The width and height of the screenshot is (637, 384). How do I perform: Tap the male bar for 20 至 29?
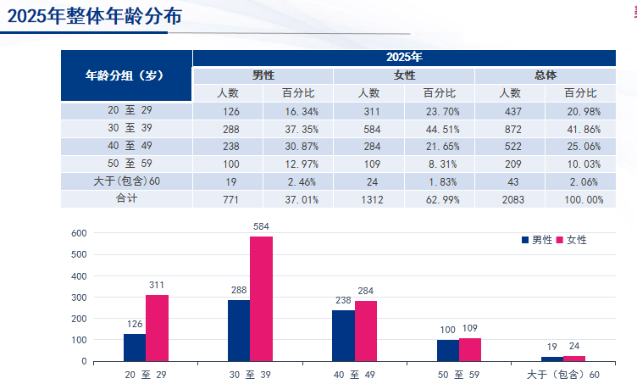pyautogui.click(x=134, y=348)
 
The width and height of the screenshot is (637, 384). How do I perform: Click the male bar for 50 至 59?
pyautogui.click(x=447, y=350)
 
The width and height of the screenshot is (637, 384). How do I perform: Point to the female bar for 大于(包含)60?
pyautogui.click(x=574, y=359)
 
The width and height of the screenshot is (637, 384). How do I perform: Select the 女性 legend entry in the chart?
pyautogui.click(x=572, y=240)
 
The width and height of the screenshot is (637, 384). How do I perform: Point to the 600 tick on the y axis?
pyautogui.click(x=79, y=233)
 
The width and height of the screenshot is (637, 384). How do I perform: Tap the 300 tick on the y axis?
pyautogui.click(x=79, y=297)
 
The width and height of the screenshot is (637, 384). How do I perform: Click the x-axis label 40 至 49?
pyautogui.click(x=353, y=375)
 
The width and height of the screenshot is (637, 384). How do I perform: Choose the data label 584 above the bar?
pyautogui.click(x=261, y=226)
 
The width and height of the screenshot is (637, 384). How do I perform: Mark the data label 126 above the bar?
pyautogui.click(x=134, y=323)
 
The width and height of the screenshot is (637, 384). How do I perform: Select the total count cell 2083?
pyautogui.click(x=510, y=199)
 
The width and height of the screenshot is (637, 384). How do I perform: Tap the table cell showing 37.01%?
pyautogui.click(x=298, y=199)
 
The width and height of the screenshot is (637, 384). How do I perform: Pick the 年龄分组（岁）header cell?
pyautogui.click(x=126, y=75)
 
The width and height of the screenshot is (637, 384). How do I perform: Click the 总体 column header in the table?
pyautogui.click(x=545, y=75)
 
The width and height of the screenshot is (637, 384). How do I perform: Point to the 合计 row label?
pyautogui.click(x=126, y=198)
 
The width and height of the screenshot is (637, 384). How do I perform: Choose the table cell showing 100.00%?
pyautogui.click(x=580, y=199)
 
